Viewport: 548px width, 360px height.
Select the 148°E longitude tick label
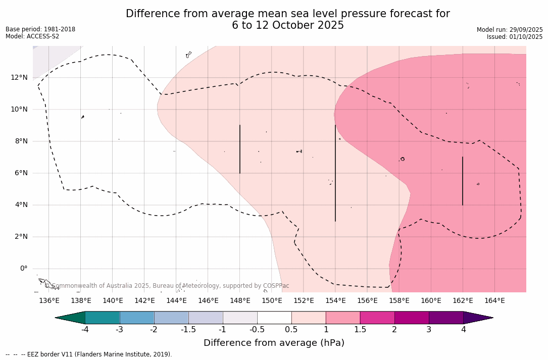(x=240, y=301)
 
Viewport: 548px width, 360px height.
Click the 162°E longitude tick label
(x=463, y=301)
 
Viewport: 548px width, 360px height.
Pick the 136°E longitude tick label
(x=49, y=301)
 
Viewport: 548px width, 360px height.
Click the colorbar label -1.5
(x=188, y=330)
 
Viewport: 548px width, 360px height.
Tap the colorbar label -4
(x=85, y=330)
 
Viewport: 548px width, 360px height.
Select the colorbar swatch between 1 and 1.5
(x=343, y=318)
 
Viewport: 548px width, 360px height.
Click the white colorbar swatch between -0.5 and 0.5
(x=274, y=318)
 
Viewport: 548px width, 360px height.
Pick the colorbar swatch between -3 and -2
(x=137, y=318)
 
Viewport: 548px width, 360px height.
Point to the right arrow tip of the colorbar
(x=492, y=318)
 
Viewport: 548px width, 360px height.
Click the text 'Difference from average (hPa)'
(x=274, y=343)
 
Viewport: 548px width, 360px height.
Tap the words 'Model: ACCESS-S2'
(x=32, y=36)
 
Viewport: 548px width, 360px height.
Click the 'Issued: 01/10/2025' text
(x=515, y=37)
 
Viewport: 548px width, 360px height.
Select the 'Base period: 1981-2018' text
(x=40, y=29)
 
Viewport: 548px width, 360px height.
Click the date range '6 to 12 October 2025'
(x=288, y=25)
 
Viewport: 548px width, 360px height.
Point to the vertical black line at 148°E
(x=240, y=149)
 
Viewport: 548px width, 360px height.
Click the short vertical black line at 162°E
(x=463, y=181)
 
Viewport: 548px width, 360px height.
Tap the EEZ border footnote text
(x=89, y=354)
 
